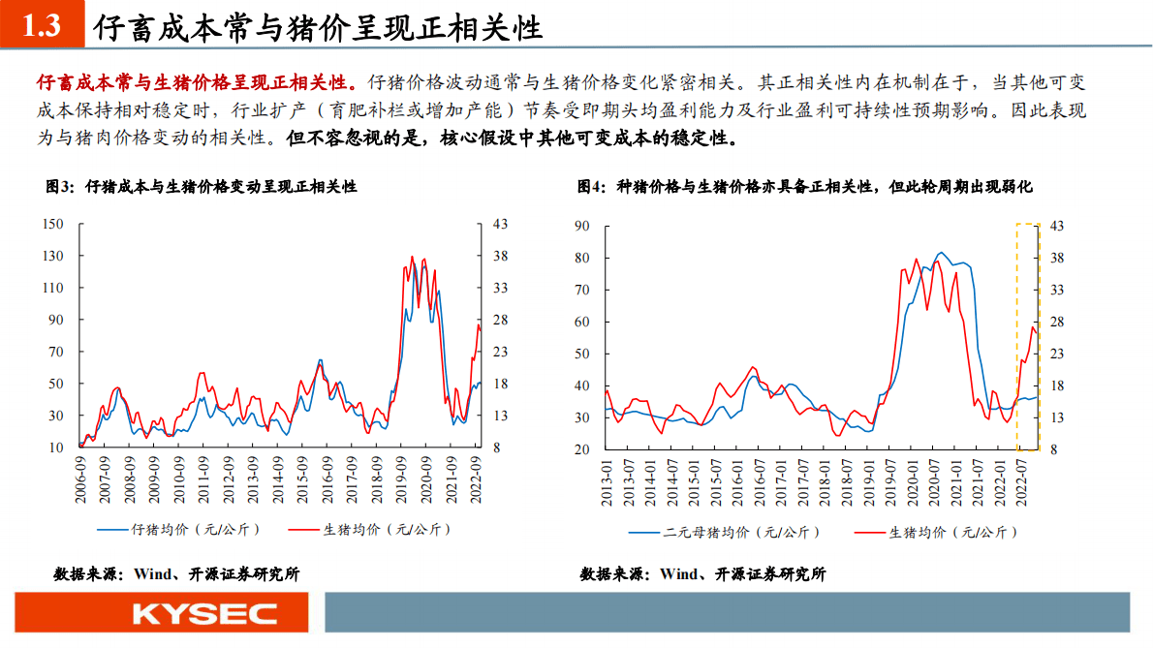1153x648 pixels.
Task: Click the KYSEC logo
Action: (204, 613)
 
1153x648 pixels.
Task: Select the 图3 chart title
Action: (202, 186)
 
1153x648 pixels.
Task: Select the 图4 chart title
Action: (804, 186)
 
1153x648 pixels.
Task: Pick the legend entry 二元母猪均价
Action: (725, 532)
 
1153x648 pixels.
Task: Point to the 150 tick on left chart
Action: (54, 224)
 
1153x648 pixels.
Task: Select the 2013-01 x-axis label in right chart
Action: (608, 478)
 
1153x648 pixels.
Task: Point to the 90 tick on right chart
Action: (582, 226)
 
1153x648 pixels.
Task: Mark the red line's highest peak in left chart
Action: (412, 257)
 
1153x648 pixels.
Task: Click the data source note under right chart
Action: (702, 573)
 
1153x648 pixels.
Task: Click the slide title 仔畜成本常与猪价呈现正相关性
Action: (317, 27)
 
